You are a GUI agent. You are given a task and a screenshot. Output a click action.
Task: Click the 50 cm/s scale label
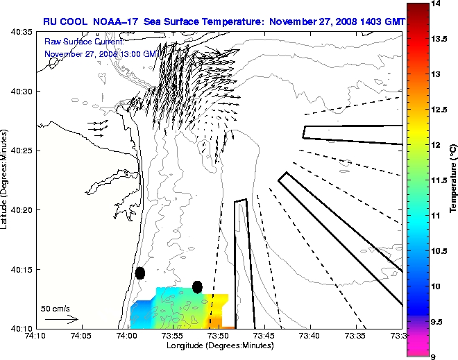click(55, 309)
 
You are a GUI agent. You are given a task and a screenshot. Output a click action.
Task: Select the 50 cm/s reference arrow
click(62, 320)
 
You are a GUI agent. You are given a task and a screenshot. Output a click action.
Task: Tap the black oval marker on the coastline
click(140, 273)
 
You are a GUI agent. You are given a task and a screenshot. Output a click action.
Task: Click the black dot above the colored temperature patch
click(197, 286)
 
